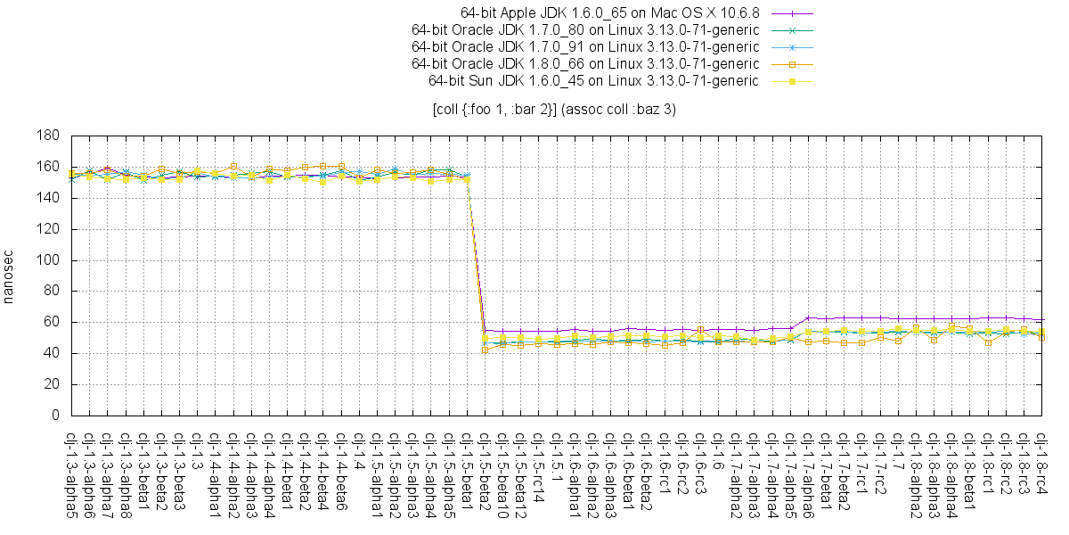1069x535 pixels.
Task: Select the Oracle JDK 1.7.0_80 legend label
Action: click(x=585, y=30)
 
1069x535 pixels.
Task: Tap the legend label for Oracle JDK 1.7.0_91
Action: click(x=585, y=47)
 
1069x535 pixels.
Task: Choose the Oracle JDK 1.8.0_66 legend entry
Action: click(x=585, y=64)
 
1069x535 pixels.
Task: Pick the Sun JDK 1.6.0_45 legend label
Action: click(x=593, y=81)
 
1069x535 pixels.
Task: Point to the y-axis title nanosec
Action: click(x=10, y=276)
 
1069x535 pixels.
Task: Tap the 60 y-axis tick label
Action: click(x=52, y=323)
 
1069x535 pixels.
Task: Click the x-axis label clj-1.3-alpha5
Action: click(x=71, y=473)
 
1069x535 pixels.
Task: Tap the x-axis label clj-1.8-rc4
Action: click(x=1041, y=465)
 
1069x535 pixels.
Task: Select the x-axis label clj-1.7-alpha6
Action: click(x=808, y=473)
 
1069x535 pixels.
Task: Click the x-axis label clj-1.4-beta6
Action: click(x=341, y=470)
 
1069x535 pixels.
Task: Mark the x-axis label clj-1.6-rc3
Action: click(x=700, y=465)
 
